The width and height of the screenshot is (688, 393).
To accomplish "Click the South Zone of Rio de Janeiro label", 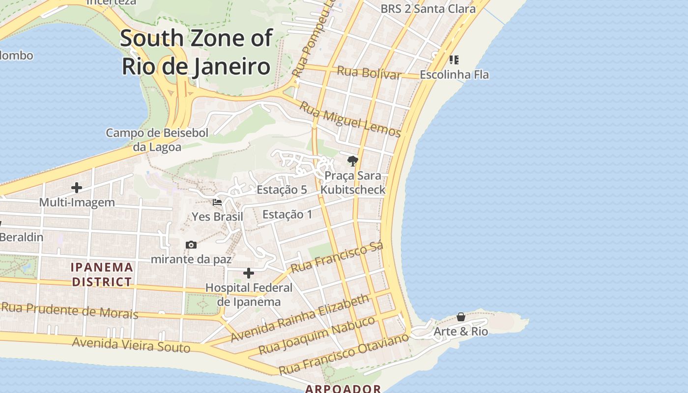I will pos(196,52).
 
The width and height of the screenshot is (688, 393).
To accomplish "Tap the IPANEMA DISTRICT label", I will pos(102,275).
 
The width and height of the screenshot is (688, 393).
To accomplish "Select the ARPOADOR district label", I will pos(343,389).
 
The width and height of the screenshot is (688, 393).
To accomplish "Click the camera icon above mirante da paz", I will pos(191,245).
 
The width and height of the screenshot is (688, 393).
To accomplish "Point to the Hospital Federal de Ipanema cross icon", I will pos(249,273).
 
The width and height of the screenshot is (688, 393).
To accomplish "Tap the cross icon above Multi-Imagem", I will pos(77,188).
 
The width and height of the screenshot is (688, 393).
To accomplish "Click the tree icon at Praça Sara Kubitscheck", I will pos(352,161).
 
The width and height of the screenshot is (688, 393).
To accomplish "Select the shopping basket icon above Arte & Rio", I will pos(461,317).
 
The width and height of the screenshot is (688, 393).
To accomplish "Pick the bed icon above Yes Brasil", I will pos(217,202).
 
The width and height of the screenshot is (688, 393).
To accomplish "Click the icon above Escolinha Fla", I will pos(454,60).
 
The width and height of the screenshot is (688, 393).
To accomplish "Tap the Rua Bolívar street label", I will pos(369,73).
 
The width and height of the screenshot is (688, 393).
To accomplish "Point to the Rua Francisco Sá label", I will pos(337,258).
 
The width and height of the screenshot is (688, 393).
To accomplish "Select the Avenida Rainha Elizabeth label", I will pos(300,318).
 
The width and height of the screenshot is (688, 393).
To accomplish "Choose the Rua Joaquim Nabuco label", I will pos(317,335).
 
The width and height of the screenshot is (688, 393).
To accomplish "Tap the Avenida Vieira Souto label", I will pos(131,345).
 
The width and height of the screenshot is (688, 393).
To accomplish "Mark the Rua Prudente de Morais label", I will pos(69,310).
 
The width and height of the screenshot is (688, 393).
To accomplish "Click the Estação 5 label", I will pos(282,190).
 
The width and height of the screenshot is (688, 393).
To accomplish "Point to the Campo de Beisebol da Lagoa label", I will pos(157,140).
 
